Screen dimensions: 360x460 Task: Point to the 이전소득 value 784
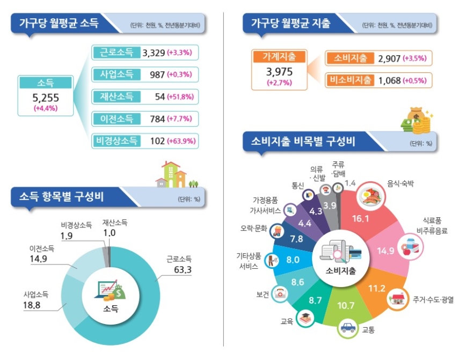(157, 119)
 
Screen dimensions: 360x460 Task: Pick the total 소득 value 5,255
(46, 98)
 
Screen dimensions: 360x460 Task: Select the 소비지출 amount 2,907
(389, 58)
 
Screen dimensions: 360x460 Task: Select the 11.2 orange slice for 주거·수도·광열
(376, 290)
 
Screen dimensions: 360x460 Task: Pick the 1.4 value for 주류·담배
(351, 183)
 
